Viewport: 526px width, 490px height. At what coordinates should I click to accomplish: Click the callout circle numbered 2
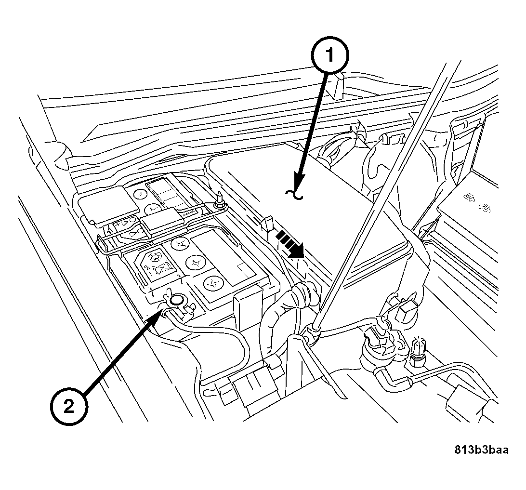pyautogui.click(x=69, y=407)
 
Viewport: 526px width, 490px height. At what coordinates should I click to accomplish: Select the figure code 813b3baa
pyautogui.click(x=481, y=450)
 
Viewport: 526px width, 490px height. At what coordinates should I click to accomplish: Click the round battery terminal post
pyautogui.click(x=177, y=301)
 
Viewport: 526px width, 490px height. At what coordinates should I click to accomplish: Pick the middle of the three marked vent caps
pyautogui.click(x=194, y=263)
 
